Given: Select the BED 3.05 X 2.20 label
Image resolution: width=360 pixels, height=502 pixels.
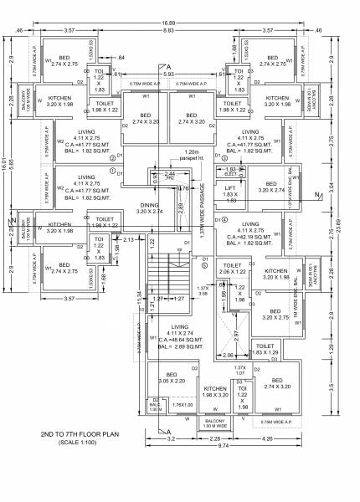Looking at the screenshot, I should coord(171,377).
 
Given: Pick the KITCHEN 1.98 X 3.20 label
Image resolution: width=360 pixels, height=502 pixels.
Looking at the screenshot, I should coord(215,392).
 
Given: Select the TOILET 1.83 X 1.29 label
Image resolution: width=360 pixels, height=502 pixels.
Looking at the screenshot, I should coord(265,349).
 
